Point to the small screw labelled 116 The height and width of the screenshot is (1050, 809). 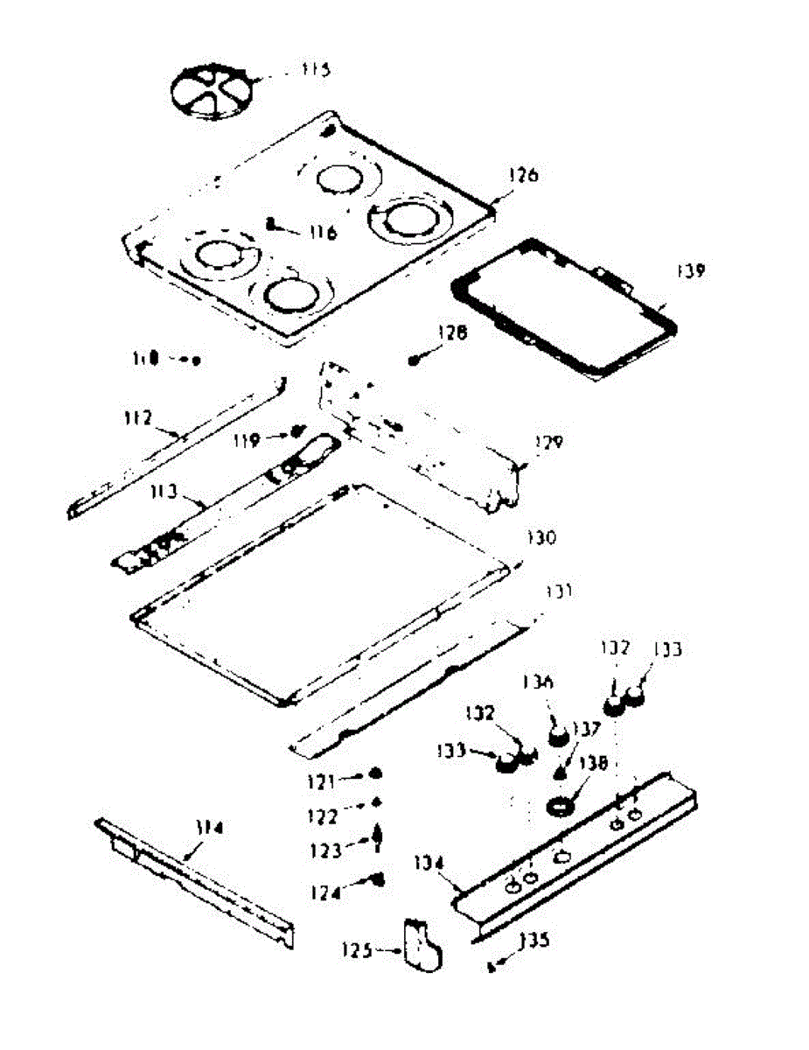pos(272,224)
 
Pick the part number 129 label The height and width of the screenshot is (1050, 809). pos(548,443)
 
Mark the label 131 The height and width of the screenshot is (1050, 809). pos(558,592)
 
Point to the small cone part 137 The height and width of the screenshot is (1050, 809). pos(559,772)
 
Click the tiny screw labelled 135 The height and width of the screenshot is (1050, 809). pos(492,966)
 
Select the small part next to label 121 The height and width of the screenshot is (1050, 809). pos(374,773)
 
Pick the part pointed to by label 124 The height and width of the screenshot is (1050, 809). pos(379,879)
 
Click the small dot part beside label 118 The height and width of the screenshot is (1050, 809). pos(196,360)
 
